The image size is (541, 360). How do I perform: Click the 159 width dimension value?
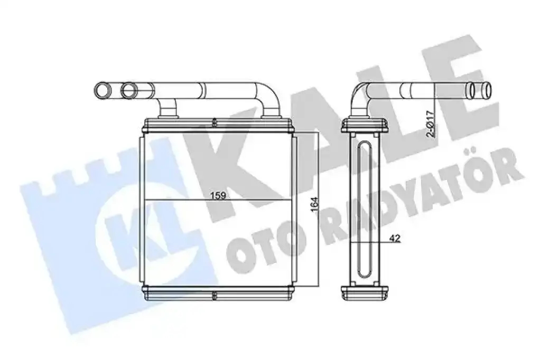(218, 195)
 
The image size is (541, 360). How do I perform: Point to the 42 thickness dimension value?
(395, 238)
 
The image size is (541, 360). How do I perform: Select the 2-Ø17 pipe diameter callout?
(430, 124)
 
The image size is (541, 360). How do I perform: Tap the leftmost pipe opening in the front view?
(102, 90)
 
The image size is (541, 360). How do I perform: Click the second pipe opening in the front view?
(129, 90)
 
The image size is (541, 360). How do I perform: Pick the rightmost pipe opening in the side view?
(487, 90)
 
